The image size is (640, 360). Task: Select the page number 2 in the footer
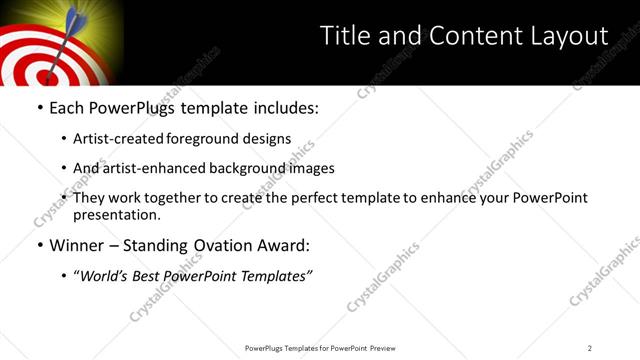coord(590,348)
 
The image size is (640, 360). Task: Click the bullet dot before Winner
coord(39,245)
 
